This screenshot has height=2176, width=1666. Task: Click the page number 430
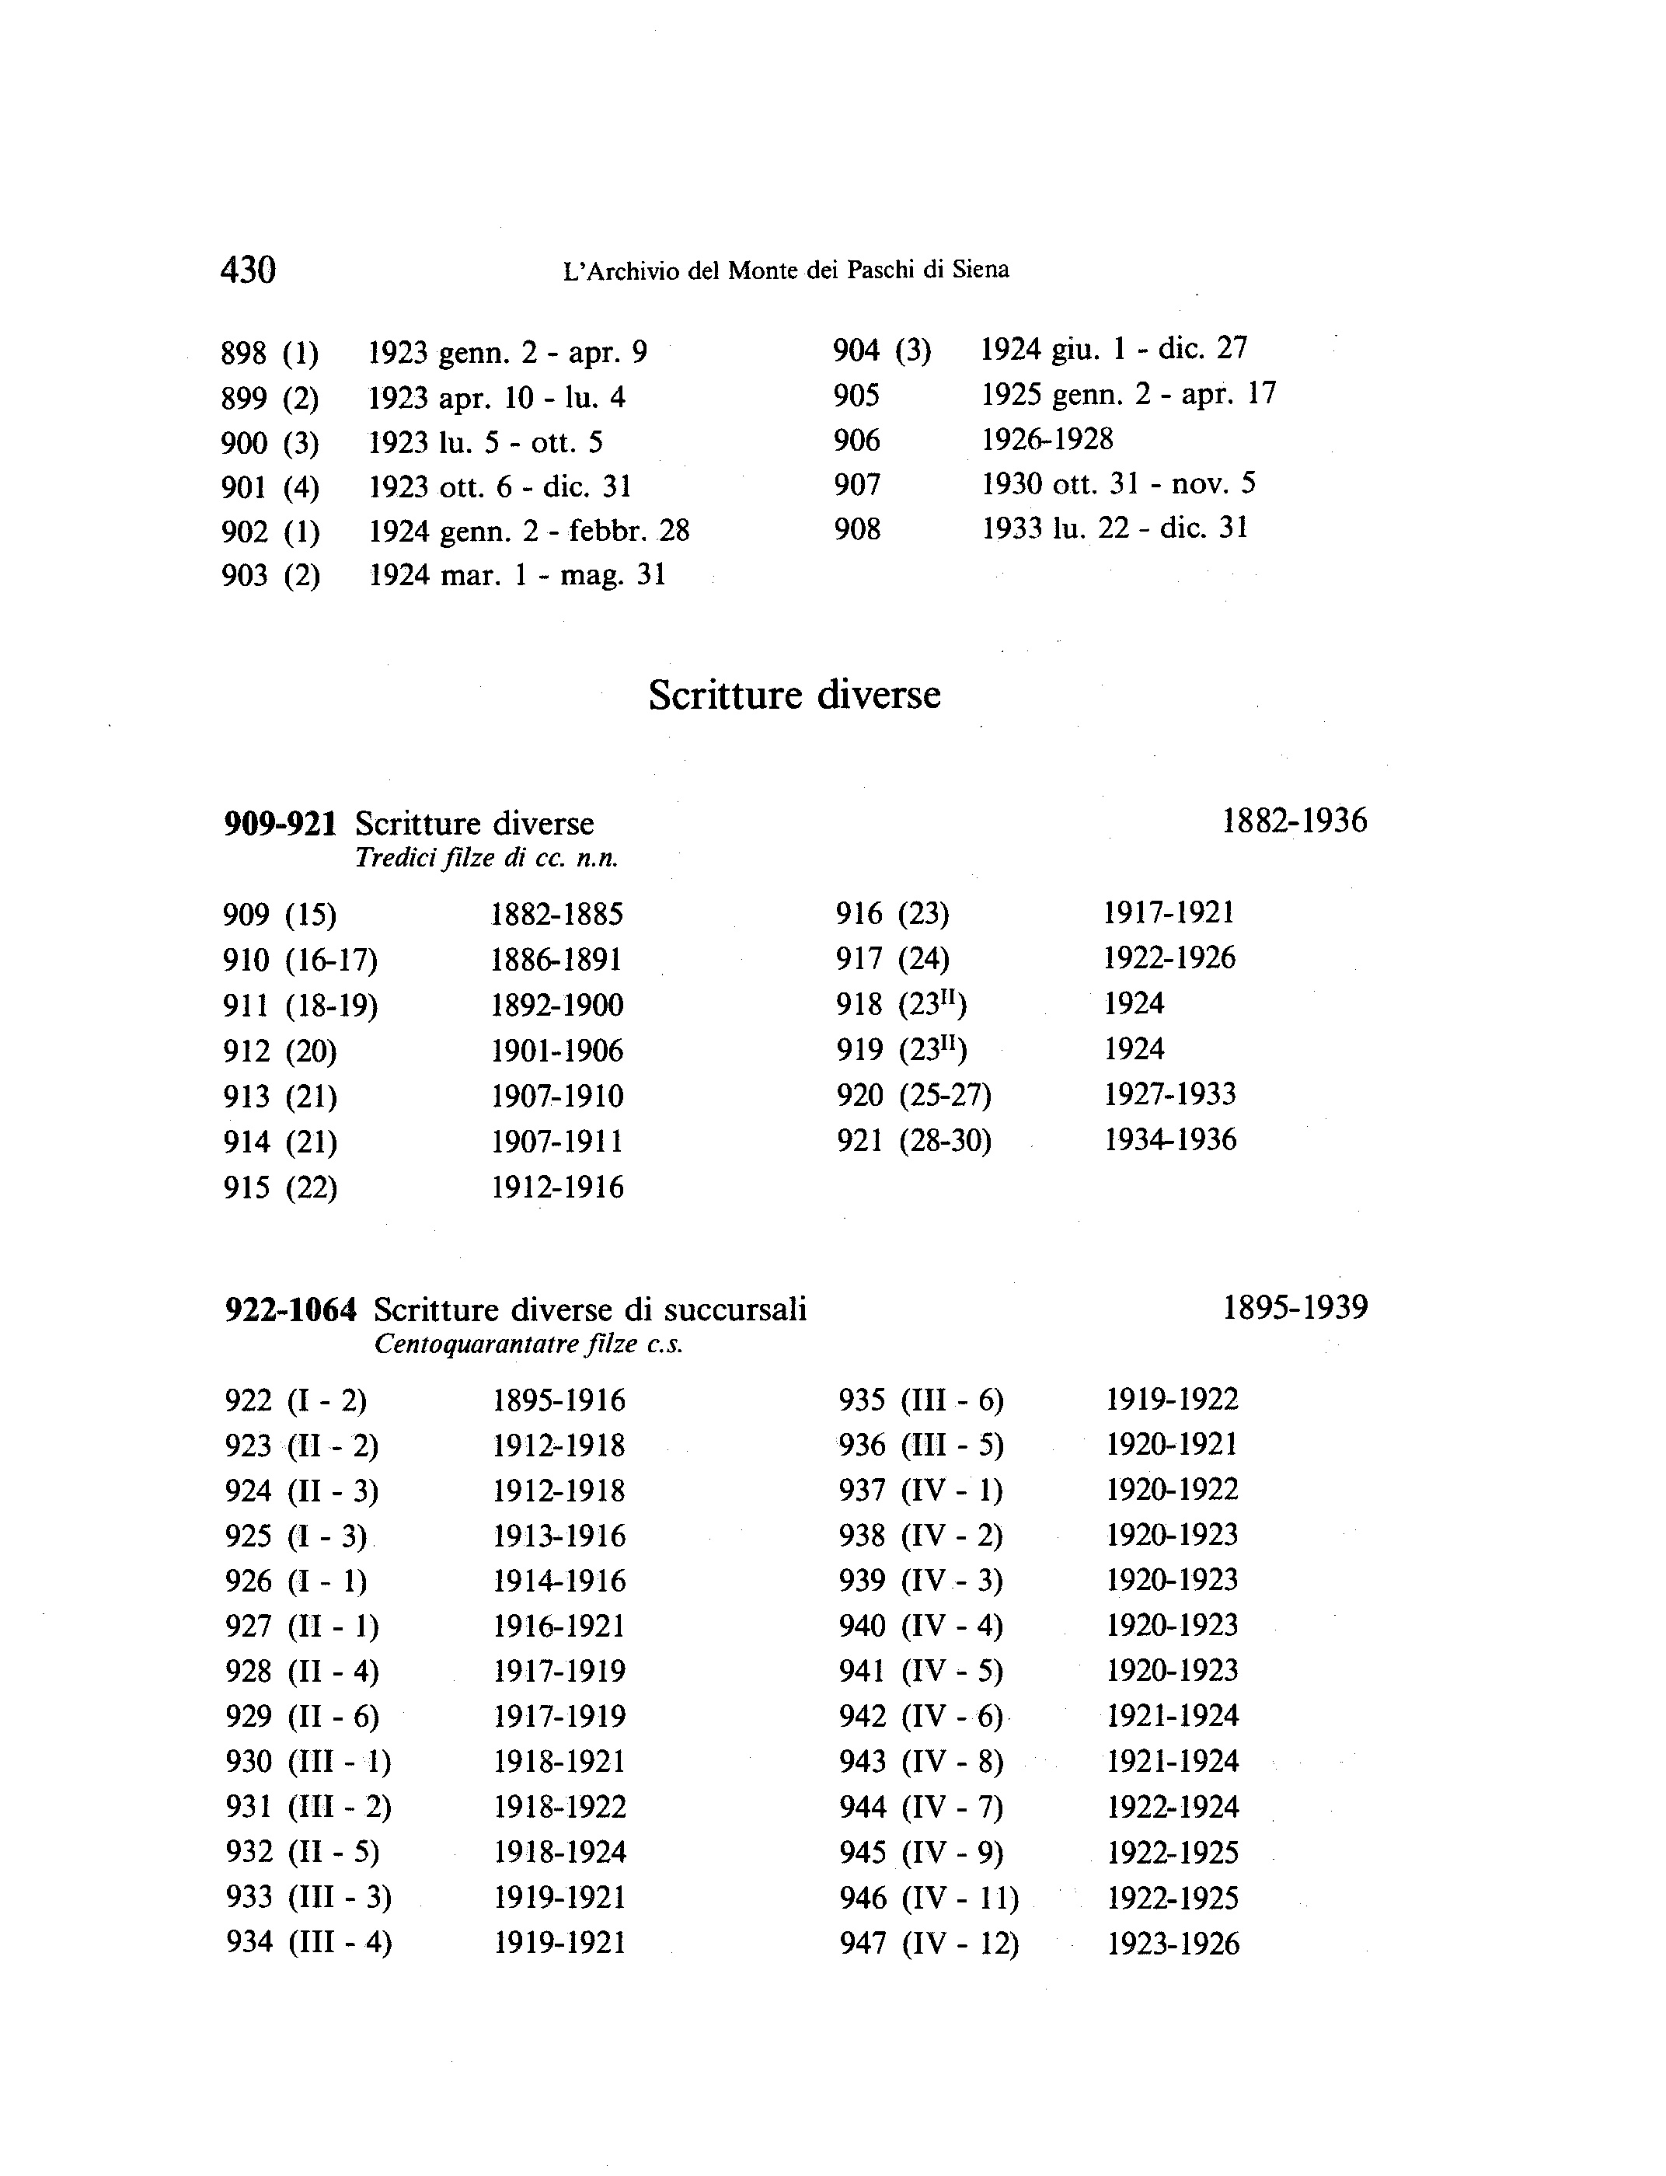click(x=248, y=270)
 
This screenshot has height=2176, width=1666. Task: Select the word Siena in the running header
click(x=981, y=270)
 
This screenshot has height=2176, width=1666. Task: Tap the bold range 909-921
click(x=280, y=823)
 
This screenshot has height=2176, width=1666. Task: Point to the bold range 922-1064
click(x=291, y=1310)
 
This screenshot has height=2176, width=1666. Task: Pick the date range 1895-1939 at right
click(x=1295, y=1307)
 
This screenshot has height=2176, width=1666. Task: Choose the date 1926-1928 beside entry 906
click(x=1047, y=439)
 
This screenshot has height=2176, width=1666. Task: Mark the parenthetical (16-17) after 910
click(x=331, y=960)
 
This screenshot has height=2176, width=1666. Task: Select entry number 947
click(x=863, y=1943)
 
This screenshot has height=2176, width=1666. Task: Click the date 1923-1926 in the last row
click(x=1173, y=1944)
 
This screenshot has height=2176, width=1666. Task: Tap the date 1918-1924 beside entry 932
click(x=560, y=1852)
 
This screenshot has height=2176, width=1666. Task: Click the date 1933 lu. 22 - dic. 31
click(x=1114, y=528)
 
